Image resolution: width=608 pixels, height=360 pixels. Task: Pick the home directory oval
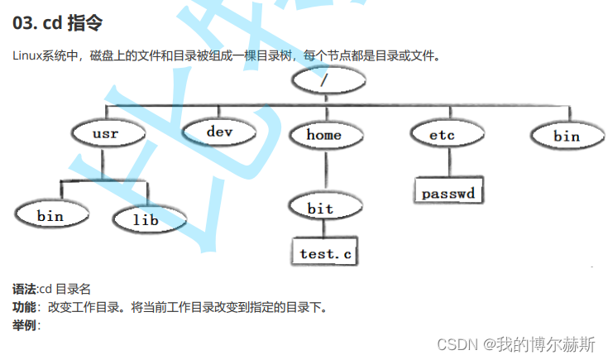pos(323,134)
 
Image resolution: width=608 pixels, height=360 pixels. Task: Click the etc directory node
pos(443,133)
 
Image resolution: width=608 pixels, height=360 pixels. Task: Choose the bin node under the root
pos(567,136)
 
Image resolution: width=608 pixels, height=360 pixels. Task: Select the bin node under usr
pos(50,215)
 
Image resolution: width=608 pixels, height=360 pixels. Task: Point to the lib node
pos(146,218)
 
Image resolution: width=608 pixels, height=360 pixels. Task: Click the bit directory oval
pos(320,208)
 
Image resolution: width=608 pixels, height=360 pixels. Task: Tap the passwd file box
pos(448,193)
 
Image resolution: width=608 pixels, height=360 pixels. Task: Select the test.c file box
pos(325,253)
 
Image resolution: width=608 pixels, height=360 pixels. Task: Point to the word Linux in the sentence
pos(29,56)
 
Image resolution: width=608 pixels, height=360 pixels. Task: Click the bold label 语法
pos(25,289)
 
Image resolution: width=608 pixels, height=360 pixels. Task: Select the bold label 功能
pos(25,307)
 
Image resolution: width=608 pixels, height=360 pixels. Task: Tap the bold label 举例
pos(25,325)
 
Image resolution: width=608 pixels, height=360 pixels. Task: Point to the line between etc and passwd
pos(444,161)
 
